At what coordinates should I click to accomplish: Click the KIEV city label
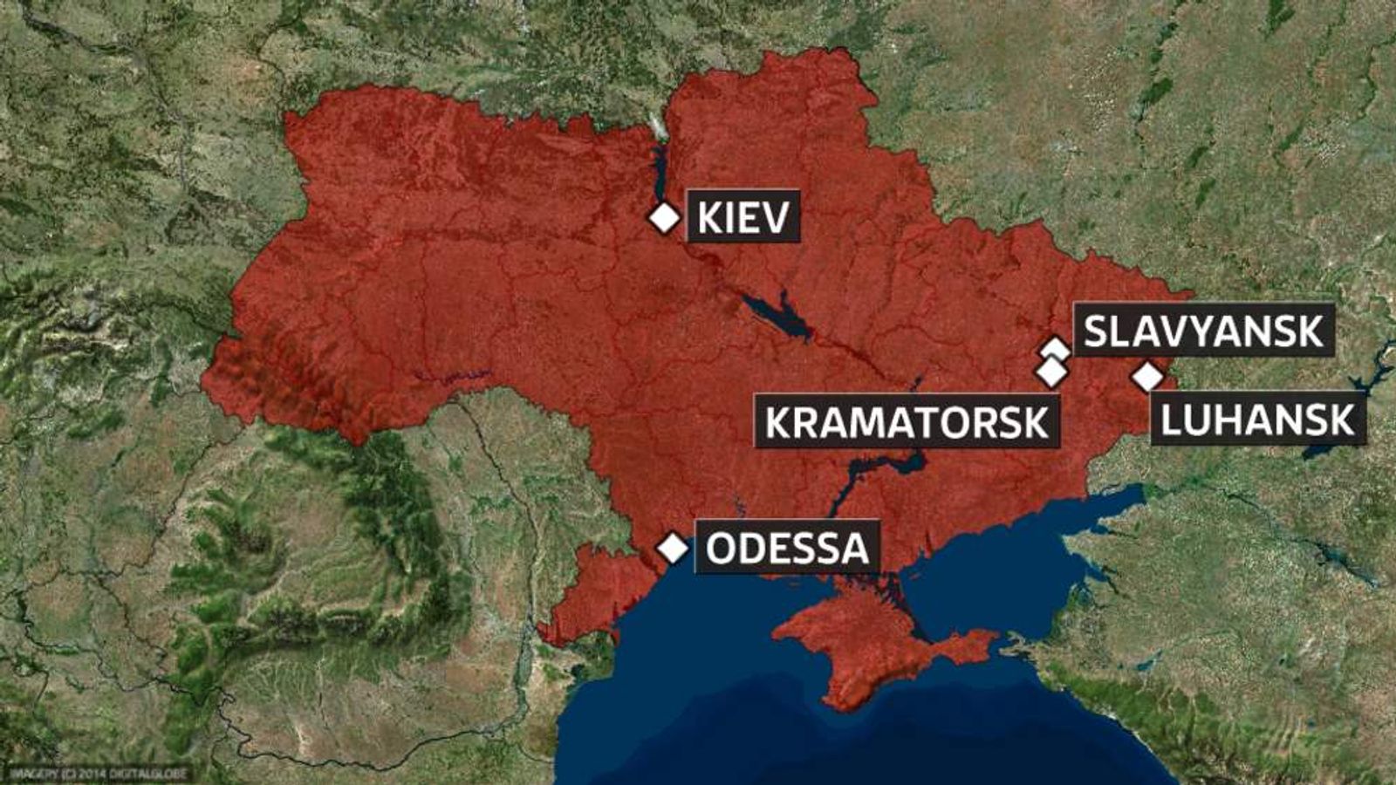coord(743,216)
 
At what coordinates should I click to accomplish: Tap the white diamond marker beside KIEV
coord(665,217)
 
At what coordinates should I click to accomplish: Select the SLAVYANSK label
coord(1204,331)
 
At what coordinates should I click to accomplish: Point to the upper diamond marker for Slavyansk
coord(1056,348)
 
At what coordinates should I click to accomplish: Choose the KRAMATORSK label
coord(907,422)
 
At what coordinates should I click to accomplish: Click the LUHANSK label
coord(1257,421)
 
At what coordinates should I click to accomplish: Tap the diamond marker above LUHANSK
coord(1148,377)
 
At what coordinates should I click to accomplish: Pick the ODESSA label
coord(787,549)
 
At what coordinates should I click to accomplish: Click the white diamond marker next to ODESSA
coord(673,549)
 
